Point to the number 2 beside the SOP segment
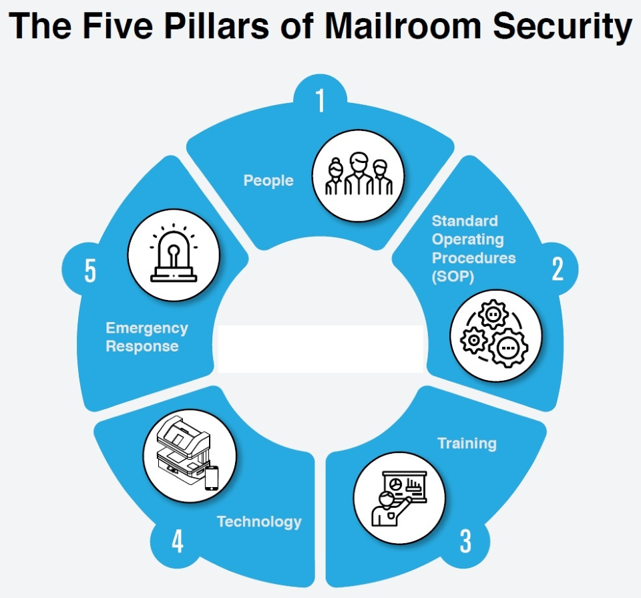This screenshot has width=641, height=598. (x=558, y=269)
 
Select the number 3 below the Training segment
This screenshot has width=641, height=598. (x=465, y=541)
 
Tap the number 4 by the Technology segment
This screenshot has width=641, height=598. (x=177, y=542)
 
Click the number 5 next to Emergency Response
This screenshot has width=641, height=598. (x=90, y=272)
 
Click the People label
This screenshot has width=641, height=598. (x=268, y=180)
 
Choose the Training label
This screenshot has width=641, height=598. (x=467, y=443)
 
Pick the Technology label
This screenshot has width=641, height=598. (x=259, y=521)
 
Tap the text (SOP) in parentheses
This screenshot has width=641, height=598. (x=453, y=276)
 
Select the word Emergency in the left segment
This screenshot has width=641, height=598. (x=147, y=328)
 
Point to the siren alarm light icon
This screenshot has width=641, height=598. (x=173, y=257)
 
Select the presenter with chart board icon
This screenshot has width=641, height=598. (x=398, y=498)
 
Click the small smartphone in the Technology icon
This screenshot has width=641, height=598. (x=212, y=477)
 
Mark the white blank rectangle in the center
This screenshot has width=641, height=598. (x=320, y=348)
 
